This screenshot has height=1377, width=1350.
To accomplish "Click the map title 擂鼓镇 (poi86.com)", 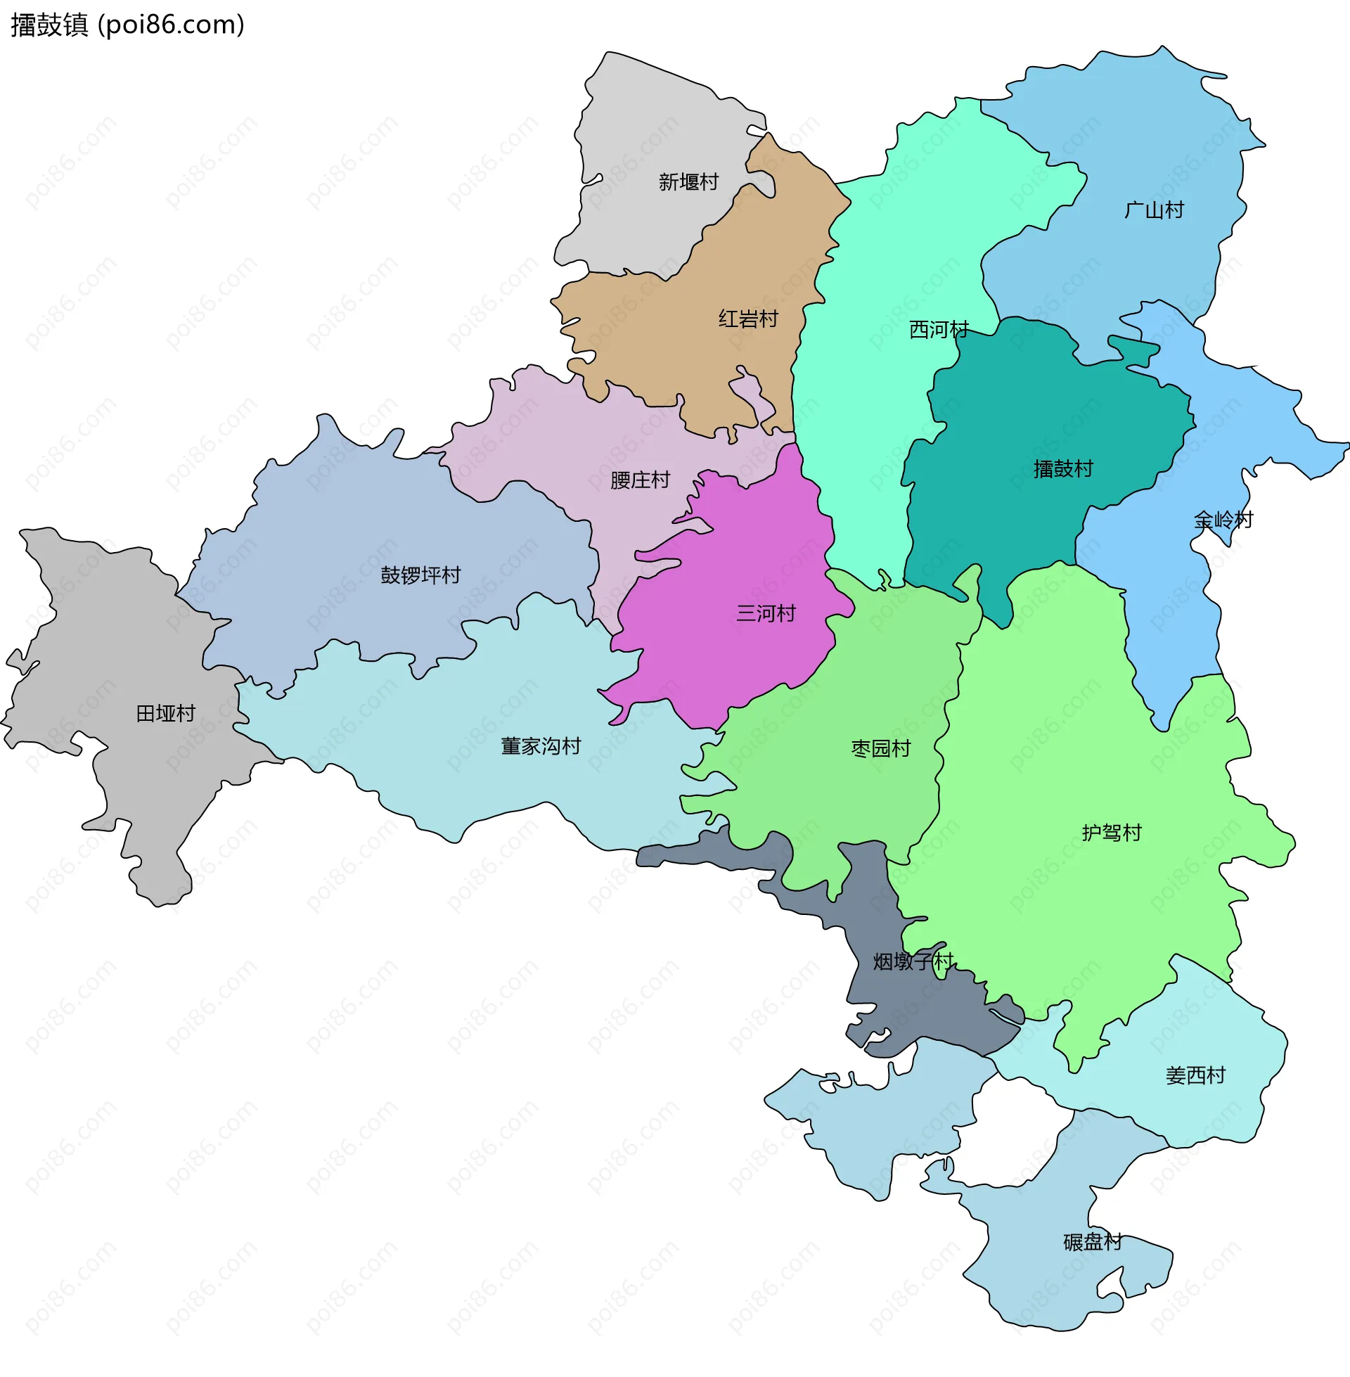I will point(128,25).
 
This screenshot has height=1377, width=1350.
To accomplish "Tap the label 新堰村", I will point(688,182).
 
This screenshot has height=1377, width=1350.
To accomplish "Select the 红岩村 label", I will point(748,319).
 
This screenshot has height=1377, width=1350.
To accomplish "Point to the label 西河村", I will point(938,330).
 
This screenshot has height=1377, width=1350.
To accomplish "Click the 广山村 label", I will point(1154,210).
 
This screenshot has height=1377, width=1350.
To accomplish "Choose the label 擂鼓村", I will point(1063,469).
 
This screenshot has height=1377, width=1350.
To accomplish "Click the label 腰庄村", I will point(640,481).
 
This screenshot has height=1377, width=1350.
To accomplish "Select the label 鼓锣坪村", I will point(420,575).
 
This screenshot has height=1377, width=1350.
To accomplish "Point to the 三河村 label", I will point(766,613).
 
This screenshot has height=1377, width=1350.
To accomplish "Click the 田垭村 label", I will point(165,713).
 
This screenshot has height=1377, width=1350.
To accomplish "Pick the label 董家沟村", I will point(540,746).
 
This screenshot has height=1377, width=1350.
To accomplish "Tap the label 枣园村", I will point(880,749).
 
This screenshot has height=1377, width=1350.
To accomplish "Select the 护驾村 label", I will point(1111,833).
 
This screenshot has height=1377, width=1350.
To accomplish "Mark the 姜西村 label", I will point(1195,1075).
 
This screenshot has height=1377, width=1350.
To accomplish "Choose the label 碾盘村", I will point(1092,1241).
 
